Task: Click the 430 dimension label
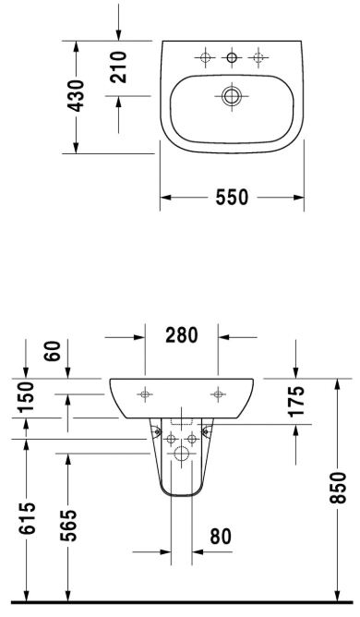pos(75,96)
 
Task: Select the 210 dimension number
pos(119,67)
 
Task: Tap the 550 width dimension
pos(232,197)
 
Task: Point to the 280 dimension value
pos(181,335)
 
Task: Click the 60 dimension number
pos(54,351)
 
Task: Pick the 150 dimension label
pos(28,396)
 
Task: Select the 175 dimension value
pos(296,401)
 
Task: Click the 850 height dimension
pos(338,488)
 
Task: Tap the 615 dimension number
pos(28,518)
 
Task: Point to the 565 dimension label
pos(70,526)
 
